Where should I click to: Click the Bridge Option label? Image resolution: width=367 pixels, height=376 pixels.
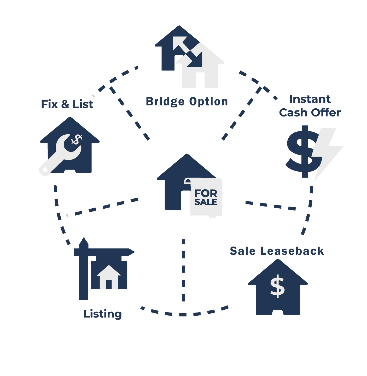coord(187,102)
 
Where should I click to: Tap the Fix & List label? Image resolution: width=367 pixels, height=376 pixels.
coord(67,104)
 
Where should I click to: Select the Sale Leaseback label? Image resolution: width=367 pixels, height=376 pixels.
coord(277,251)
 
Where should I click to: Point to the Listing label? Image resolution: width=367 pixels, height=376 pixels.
coord(103,314)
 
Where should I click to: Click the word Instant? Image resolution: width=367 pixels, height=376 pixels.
coord(310,99)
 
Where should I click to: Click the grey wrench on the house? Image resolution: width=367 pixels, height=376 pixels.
coord(60,155)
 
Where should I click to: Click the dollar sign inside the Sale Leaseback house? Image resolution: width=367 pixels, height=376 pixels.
coord(277,286)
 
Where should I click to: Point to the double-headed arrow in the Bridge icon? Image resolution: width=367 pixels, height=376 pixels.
coord(188,52)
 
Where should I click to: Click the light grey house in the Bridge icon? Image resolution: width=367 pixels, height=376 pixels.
coord(201,66)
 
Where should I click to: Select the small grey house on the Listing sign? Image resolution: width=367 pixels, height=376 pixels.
coord(109,277)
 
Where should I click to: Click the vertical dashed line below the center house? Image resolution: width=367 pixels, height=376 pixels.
coord(183,270)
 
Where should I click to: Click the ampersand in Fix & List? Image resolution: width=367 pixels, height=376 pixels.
coord(65,104)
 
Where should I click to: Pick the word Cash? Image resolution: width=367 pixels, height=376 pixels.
coord(293,113)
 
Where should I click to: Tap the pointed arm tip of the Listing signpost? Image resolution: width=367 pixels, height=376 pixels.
coord(135,252)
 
